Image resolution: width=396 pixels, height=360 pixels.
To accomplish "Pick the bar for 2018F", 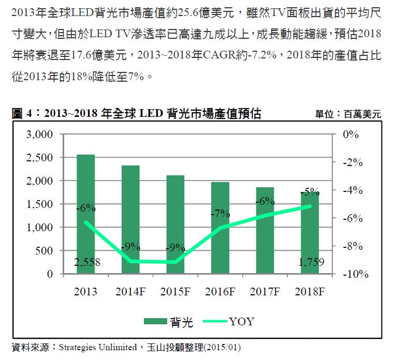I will [x=310, y=233].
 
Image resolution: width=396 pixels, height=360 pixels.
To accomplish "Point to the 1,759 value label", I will [x=311, y=263].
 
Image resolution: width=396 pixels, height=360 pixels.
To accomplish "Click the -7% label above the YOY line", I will [x=220, y=213].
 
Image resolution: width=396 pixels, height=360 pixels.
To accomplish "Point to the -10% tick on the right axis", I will [x=355, y=274].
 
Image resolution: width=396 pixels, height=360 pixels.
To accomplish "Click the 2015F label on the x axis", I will [x=175, y=292].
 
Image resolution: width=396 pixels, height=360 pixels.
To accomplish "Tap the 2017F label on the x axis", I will [x=265, y=292].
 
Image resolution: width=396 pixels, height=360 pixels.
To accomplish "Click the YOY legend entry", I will [x=228, y=322].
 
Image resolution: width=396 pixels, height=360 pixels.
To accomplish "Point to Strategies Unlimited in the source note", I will [x=99, y=347].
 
